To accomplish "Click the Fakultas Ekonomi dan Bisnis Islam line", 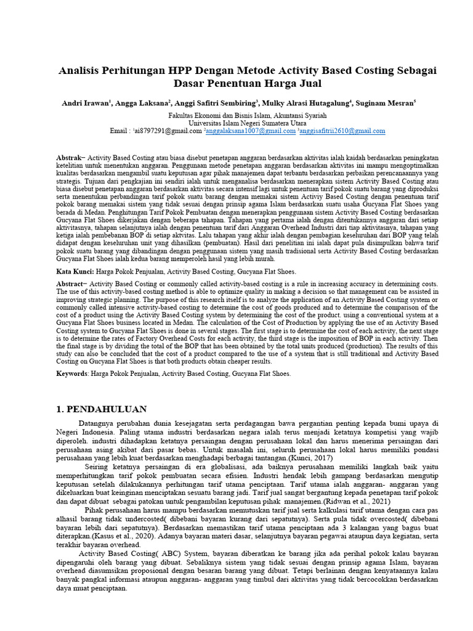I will (239, 115).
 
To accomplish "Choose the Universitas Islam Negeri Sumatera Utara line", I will (239, 123).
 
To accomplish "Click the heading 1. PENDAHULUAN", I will (102, 409).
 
